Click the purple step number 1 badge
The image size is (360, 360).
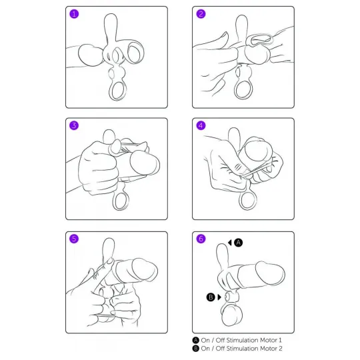point(74,14)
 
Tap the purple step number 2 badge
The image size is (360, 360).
point(201,14)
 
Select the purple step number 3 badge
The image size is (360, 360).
point(74,125)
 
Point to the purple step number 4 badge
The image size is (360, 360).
point(201,125)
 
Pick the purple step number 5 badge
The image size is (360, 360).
point(74,239)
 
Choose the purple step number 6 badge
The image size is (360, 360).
point(201,239)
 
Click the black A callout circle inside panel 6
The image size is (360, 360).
point(238,243)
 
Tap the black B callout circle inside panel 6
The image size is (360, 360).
point(211,297)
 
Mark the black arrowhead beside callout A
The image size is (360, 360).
point(229,243)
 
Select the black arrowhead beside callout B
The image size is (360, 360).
point(219,297)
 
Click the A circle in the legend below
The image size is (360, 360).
point(195,340)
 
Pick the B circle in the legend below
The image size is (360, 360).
point(195,349)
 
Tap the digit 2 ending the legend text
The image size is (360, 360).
point(280,349)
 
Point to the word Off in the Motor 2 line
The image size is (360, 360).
point(220,349)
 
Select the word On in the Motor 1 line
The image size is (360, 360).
point(205,340)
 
